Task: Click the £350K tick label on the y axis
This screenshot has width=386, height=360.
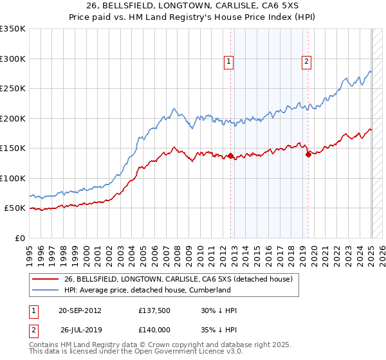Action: point(13,29)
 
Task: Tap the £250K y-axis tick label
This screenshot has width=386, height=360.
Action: point(13,89)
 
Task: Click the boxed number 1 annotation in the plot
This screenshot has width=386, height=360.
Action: point(228,62)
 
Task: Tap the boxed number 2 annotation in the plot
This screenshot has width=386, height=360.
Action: point(306,62)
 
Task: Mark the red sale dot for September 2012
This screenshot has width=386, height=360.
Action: point(230,156)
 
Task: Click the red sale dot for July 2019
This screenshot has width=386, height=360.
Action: point(309,154)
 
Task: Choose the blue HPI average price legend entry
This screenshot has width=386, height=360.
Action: point(147,290)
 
